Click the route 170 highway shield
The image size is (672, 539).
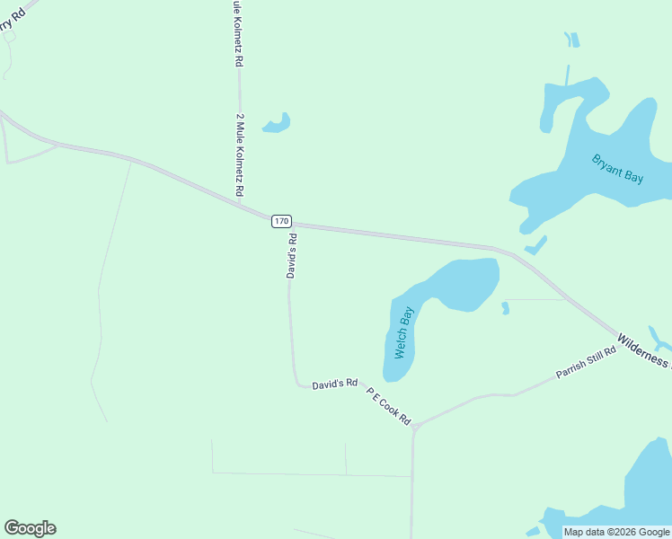point(281,221)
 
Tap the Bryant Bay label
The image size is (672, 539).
point(618,169)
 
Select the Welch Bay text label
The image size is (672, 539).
point(404,332)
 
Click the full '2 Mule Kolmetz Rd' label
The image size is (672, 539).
point(240,155)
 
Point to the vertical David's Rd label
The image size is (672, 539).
point(291,256)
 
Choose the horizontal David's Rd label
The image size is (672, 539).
point(335,384)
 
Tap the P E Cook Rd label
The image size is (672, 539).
point(389,406)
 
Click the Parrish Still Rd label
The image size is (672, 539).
point(586,362)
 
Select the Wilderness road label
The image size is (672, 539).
point(643,350)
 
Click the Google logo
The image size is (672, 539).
point(30,528)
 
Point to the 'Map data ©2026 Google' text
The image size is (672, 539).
point(616,532)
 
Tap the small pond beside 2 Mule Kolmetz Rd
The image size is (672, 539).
point(277,124)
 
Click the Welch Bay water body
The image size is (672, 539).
point(449,287)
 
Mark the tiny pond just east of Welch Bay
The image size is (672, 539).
point(505,308)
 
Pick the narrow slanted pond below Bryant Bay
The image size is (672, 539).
point(536,245)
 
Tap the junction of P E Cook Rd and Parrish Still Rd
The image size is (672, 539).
point(414,427)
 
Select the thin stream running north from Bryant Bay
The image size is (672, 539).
point(567,74)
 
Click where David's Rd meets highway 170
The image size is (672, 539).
point(289,224)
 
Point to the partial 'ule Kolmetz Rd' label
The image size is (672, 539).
point(237,34)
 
